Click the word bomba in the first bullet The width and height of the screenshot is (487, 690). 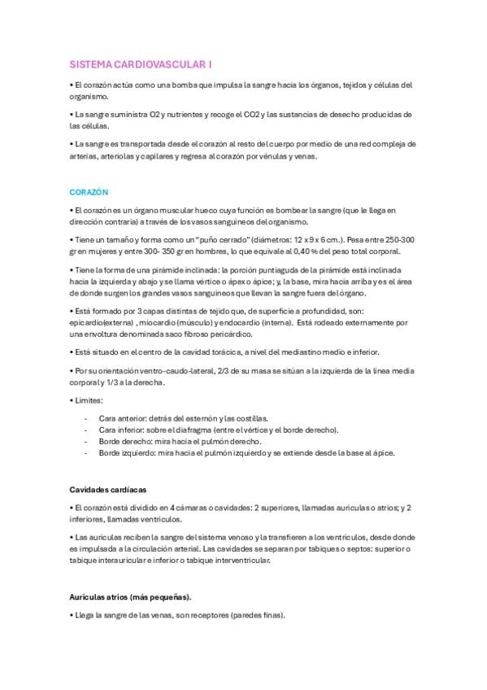(189, 85)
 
